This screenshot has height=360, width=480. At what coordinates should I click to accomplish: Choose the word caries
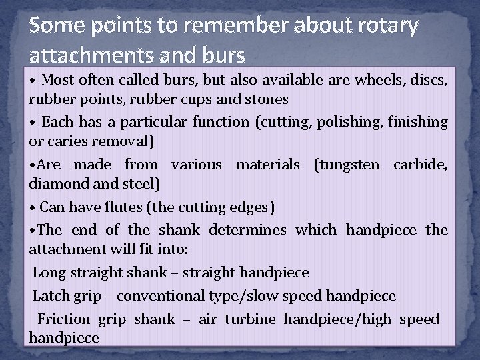coord(73,141)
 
